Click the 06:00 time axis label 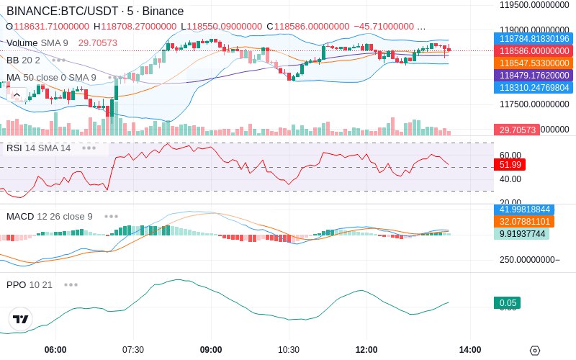(55, 350)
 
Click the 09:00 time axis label (211, 350)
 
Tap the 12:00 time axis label (366, 350)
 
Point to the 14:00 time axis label (470, 350)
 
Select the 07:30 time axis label (133, 350)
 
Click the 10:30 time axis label (289, 350)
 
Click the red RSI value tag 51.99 (509, 165)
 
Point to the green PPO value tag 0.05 (507, 303)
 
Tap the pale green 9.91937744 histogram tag (523, 234)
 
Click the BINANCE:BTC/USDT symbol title (94, 12)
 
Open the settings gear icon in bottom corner (534, 351)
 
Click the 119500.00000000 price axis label (536, 5)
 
